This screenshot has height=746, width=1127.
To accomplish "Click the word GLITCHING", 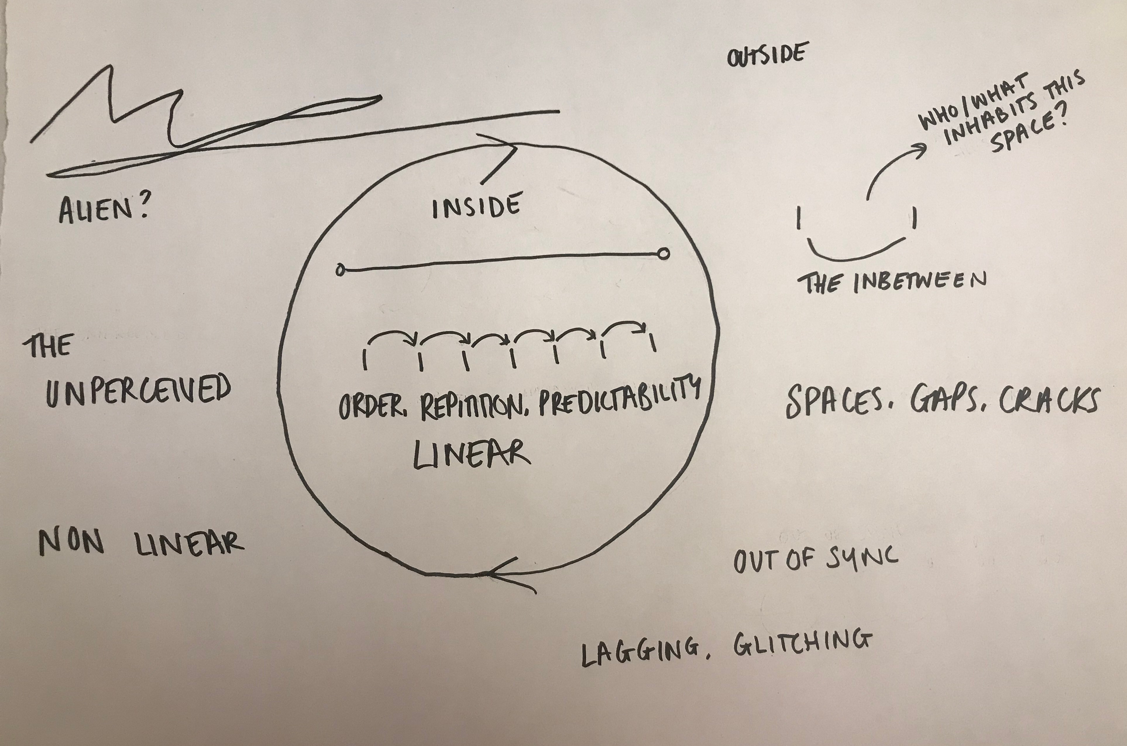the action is coord(803,642).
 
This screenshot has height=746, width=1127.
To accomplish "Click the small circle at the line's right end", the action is coord(664,253).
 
